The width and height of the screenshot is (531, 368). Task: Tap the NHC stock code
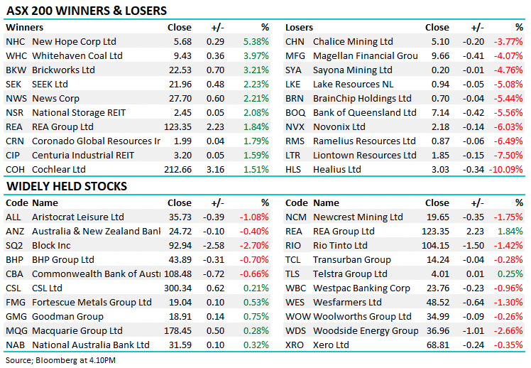[15, 41]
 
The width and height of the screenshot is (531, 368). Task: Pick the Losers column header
[299, 27]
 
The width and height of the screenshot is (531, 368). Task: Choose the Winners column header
[24, 27]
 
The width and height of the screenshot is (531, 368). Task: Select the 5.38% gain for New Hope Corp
[256, 41]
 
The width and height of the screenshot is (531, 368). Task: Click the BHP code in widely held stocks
[15, 259]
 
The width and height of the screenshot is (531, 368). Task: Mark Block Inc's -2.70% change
[254, 245]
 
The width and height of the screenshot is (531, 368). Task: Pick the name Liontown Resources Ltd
[365, 155]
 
